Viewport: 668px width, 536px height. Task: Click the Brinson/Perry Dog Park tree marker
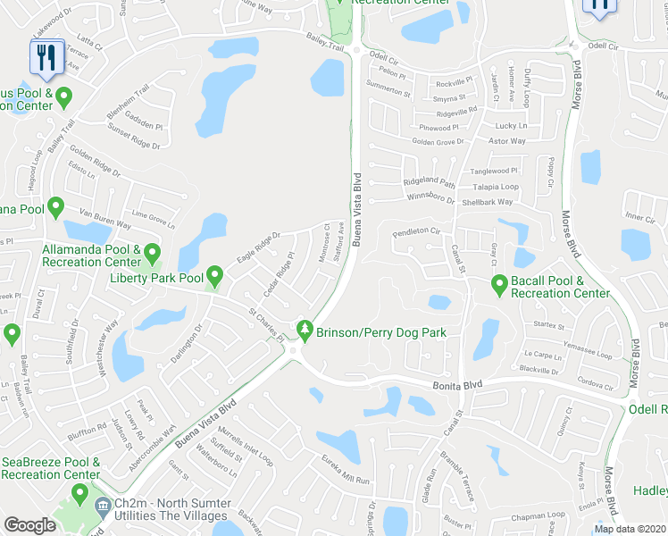(x=305, y=331)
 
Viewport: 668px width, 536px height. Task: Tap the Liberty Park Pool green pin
(x=214, y=276)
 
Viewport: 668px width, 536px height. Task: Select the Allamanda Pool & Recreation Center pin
(x=152, y=255)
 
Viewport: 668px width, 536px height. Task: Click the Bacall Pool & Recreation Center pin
(x=500, y=285)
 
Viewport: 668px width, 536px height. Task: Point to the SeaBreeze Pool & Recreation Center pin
(x=79, y=492)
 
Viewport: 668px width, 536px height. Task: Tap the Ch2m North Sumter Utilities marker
(x=103, y=505)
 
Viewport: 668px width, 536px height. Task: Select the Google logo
(x=29, y=525)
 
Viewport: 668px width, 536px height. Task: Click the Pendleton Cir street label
(x=417, y=231)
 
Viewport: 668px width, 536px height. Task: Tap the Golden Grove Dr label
(x=438, y=141)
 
